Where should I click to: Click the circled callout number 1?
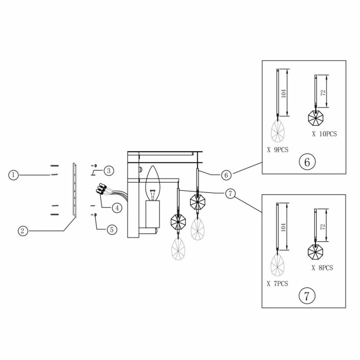point(13,175)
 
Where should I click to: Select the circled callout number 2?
point(22,230)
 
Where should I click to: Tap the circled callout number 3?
point(109,171)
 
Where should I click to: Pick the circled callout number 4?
point(117,208)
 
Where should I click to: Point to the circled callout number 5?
point(112,229)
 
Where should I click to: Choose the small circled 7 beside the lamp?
point(230,193)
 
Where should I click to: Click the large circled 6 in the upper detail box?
point(307,162)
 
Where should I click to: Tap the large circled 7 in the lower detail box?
point(307,296)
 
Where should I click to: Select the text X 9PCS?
point(278,151)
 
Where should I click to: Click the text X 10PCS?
point(324,134)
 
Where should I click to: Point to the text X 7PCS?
point(278,283)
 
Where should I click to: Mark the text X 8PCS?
point(322,268)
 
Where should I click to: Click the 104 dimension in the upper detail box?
point(284,94)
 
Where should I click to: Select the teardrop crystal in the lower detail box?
point(278,266)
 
